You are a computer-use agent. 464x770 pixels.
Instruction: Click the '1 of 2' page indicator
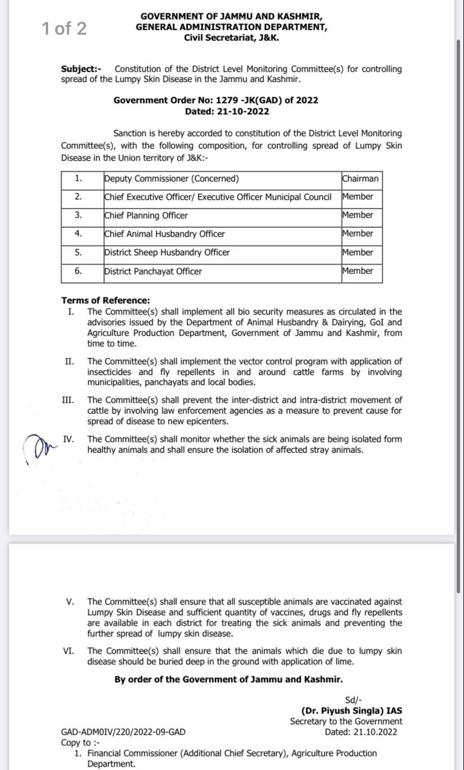point(64,29)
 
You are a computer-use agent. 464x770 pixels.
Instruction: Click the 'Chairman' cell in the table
point(360,179)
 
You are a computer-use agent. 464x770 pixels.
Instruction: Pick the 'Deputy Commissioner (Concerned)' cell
point(171,179)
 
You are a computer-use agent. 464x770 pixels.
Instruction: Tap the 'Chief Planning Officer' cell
point(146,215)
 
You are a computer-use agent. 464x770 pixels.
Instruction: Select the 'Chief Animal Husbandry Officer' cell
point(165,234)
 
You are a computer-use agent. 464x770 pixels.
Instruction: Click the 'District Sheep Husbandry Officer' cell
point(167,252)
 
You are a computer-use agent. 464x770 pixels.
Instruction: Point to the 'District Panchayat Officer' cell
point(153,271)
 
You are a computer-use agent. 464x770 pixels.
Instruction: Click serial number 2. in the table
point(79,197)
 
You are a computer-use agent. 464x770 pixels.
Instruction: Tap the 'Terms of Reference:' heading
point(106,300)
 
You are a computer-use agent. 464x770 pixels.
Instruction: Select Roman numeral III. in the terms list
point(68,400)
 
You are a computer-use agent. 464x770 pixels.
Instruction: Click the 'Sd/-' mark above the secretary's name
point(354,700)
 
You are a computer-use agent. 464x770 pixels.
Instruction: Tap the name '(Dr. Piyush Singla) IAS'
point(351,711)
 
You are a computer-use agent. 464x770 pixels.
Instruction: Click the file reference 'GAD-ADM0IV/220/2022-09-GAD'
point(123,732)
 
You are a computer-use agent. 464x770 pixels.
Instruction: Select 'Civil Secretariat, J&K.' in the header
point(231,37)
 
